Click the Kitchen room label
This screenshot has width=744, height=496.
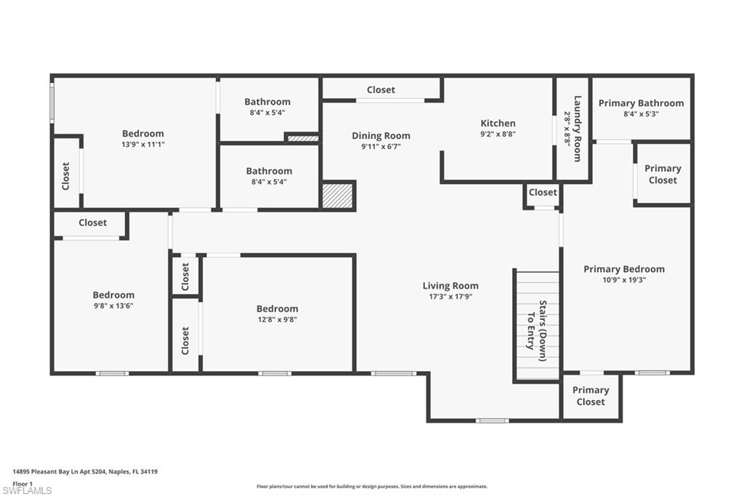coord(498,124)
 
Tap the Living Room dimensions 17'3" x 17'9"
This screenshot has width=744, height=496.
coord(450,297)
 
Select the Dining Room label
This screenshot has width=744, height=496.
coord(381,136)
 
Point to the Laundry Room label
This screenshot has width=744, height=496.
coord(578,129)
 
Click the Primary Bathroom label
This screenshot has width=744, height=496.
coord(641,103)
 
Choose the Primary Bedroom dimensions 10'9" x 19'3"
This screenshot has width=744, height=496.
coord(623,280)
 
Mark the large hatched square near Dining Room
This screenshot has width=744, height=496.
coord(337,196)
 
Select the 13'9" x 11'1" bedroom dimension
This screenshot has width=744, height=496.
coord(142,145)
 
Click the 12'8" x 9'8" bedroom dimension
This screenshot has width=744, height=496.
coord(277,319)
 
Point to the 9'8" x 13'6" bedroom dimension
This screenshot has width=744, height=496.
coord(113,305)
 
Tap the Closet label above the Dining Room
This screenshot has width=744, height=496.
coord(381,90)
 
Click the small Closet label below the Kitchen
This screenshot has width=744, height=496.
coord(543,193)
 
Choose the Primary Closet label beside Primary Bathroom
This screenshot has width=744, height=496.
coord(662,174)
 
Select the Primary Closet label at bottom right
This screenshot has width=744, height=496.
coord(590,396)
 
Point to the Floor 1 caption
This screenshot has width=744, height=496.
coord(23,483)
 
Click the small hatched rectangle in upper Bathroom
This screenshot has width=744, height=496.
coord(302,137)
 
